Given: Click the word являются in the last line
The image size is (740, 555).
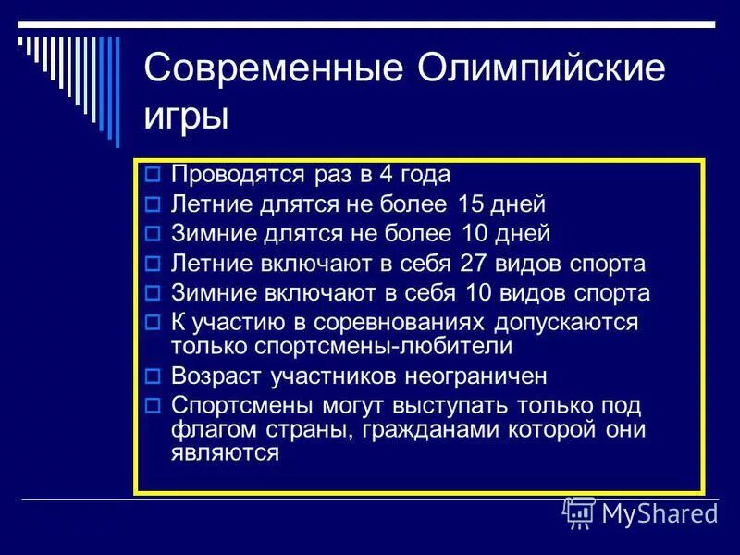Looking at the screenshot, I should [x=225, y=453].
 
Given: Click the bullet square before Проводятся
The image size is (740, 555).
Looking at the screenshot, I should [x=154, y=174].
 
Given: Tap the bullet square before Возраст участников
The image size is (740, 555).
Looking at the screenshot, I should [x=154, y=376].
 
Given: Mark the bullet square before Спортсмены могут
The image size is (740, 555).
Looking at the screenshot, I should [x=154, y=406].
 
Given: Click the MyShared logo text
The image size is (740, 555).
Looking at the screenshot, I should [x=659, y=512].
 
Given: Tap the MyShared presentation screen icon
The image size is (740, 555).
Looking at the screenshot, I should [x=580, y=512].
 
